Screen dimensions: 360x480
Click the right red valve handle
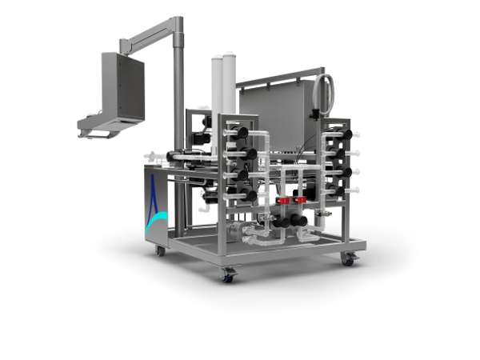coord(301,200)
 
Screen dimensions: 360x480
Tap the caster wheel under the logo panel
coord(160,250)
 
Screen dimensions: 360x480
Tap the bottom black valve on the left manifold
coord(250,194)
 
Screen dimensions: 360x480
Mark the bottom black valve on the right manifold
coord(341,192)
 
